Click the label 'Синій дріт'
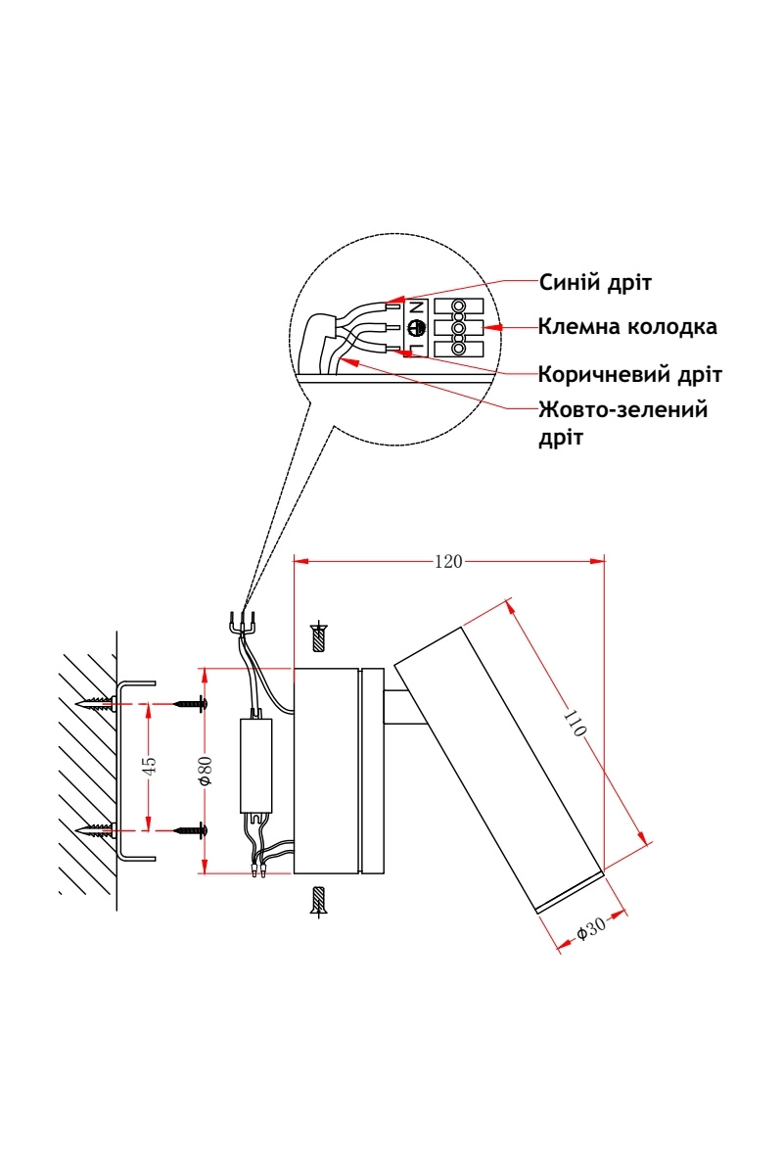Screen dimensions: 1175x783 [x=595, y=283]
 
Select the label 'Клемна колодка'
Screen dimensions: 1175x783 [x=627, y=326]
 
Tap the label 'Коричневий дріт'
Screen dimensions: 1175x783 [x=630, y=375]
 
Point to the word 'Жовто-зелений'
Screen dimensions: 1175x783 [x=622, y=409]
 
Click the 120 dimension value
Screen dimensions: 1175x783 [x=447, y=561]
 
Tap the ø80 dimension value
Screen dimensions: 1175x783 [x=206, y=770]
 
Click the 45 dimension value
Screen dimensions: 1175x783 [x=149, y=766]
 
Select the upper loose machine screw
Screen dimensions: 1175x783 [x=191, y=703]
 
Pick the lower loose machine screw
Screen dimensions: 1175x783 [x=191, y=829]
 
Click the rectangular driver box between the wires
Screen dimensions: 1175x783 [x=256, y=766]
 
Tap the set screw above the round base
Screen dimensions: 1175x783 [x=317, y=637]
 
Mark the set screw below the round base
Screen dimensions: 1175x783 [x=317, y=900]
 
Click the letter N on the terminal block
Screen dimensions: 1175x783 [x=416, y=306]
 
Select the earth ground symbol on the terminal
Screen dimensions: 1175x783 [x=415, y=329]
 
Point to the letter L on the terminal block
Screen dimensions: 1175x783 [x=416, y=349]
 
